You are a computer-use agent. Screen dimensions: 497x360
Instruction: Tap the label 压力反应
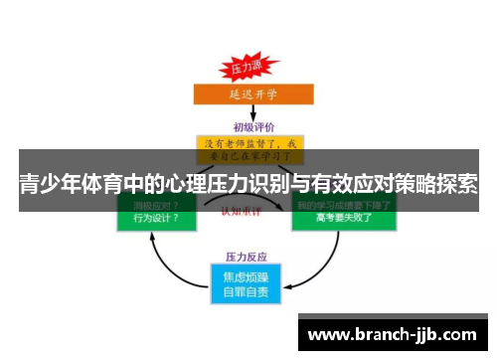(248, 256)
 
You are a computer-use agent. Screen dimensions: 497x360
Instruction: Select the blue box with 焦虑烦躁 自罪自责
(248, 282)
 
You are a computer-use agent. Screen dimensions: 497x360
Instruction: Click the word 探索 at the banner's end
(454, 185)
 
